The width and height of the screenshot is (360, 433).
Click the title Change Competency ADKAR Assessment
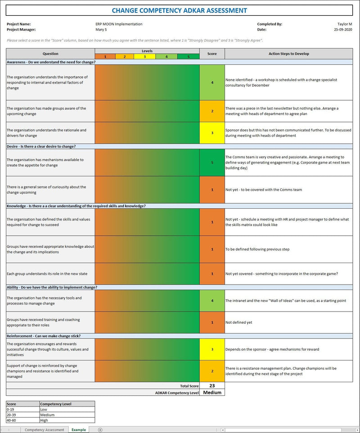click(x=179, y=10)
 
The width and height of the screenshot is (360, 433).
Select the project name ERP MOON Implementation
click(x=116, y=24)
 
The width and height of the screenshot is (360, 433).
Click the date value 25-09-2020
click(x=343, y=29)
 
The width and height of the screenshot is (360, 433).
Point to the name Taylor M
click(x=344, y=24)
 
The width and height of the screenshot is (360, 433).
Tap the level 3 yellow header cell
click(x=145, y=57)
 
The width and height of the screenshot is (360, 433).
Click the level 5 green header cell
click(x=188, y=57)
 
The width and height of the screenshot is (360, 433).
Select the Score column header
click(x=212, y=54)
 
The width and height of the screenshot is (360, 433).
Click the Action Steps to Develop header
click(x=288, y=54)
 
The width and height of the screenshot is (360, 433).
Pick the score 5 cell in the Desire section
click(x=212, y=162)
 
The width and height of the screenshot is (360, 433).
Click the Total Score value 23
click(x=212, y=386)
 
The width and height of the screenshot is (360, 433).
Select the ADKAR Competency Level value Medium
click(x=212, y=393)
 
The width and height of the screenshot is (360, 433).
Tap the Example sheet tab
click(x=78, y=430)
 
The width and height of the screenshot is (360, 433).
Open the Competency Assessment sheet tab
click(x=44, y=430)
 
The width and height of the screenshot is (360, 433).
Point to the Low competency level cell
click(x=67, y=410)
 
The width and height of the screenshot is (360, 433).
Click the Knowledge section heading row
click(x=76, y=206)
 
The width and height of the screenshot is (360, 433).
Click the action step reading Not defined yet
click(x=238, y=322)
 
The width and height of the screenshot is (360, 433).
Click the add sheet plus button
click(x=100, y=430)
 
